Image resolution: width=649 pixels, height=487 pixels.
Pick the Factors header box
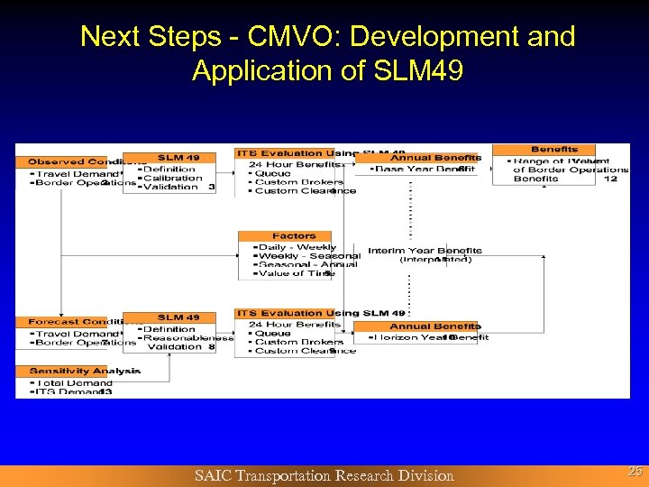click(294, 236)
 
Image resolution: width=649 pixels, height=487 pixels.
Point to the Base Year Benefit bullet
click(423, 169)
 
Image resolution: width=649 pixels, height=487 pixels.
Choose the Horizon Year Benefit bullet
click(429, 337)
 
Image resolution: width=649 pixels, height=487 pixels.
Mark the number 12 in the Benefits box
click(610, 179)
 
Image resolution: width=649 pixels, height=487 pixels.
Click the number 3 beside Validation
click(211, 187)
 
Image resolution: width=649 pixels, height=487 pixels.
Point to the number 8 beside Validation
click(211, 346)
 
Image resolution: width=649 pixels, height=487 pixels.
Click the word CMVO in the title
click(288, 37)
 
